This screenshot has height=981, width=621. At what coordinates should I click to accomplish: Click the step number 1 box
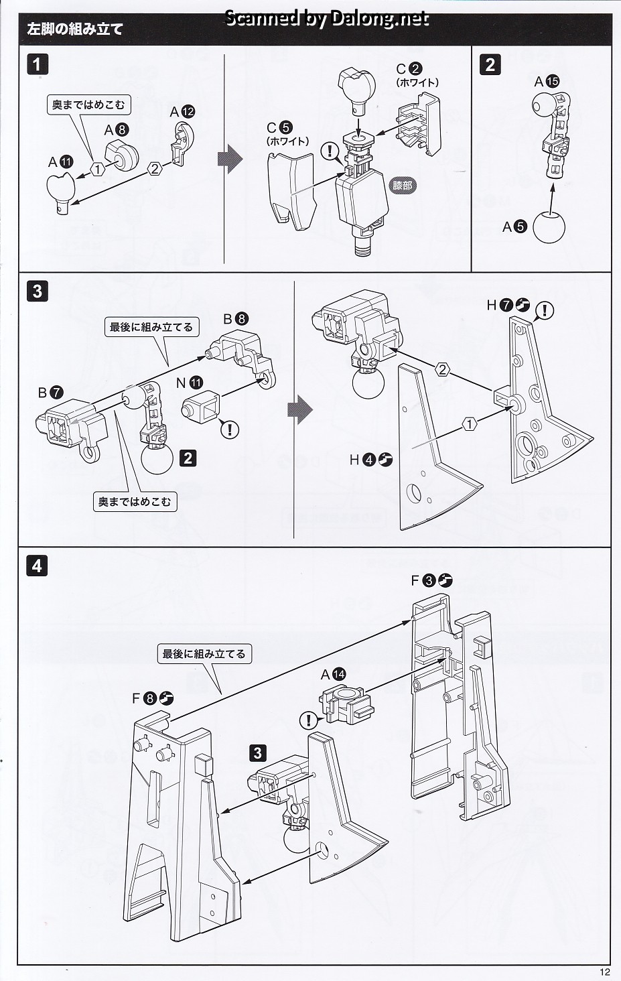pos(38,64)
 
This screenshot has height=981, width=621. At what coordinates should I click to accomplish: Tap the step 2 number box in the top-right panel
pos(491,64)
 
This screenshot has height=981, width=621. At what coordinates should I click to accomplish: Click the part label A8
pos(115,131)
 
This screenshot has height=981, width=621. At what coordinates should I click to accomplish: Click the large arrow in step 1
pos(229,161)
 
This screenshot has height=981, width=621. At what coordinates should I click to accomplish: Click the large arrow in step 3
pos(299,409)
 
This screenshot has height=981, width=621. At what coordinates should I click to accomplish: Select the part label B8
pos(235,319)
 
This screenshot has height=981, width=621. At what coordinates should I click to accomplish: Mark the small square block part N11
pos(199,407)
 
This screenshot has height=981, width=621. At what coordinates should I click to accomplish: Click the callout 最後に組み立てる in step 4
pos(205,654)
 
